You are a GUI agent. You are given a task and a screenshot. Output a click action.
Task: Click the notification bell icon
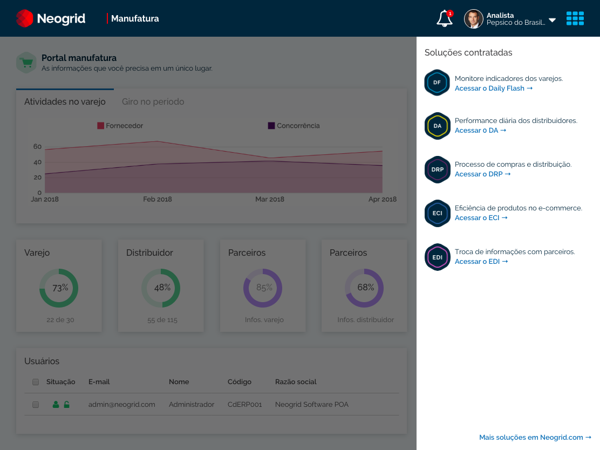pyautogui.click(x=444, y=18)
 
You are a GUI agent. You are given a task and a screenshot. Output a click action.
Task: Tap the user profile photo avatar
pyautogui.click(x=474, y=19)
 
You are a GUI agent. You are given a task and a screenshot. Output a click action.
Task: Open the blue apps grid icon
pyautogui.click(x=575, y=18)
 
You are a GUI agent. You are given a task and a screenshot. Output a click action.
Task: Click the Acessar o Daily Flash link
pyautogui.click(x=494, y=88)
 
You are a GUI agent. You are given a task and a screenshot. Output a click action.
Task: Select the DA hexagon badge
pyautogui.click(x=438, y=126)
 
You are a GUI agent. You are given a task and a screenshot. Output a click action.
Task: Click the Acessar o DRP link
pyautogui.click(x=482, y=174)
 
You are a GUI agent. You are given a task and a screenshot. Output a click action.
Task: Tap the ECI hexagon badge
pyautogui.click(x=438, y=213)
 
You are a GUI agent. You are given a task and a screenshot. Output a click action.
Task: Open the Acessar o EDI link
pyautogui.click(x=481, y=261)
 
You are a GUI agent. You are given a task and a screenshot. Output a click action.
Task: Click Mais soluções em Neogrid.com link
pyautogui.click(x=535, y=438)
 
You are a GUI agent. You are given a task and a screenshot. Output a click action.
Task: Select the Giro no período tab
pyautogui.click(x=153, y=102)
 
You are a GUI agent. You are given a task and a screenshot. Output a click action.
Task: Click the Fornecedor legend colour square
pyautogui.click(x=101, y=126)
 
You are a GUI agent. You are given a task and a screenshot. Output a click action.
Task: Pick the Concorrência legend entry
pyautogui.click(x=294, y=126)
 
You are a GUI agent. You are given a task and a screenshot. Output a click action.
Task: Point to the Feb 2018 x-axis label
pyautogui.click(x=157, y=199)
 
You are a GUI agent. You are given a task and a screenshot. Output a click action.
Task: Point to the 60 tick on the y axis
pyautogui.click(x=38, y=147)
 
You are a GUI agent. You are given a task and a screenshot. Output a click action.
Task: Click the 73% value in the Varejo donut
pyautogui.click(x=60, y=288)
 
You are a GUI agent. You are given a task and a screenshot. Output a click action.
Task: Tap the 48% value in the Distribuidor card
pyautogui.click(x=162, y=288)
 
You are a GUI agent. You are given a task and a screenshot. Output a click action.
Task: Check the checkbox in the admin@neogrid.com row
pyautogui.click(x=36, y=405)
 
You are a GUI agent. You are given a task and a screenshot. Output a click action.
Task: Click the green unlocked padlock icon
pyautogui.click(x=66, y=405)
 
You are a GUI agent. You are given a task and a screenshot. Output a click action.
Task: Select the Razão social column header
pyautogui.click(x=296, y=382)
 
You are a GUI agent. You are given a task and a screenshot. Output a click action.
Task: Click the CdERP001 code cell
pyautogui.click(x=245, y=405)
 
